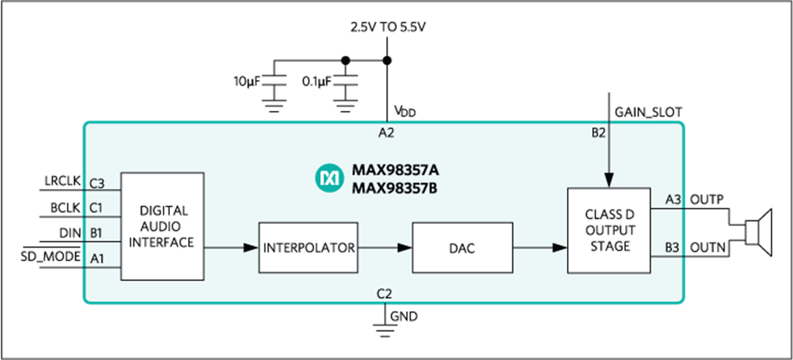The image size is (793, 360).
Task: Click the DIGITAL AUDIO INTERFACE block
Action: pyautogui.click(x=163, y=226)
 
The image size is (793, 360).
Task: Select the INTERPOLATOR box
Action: pyautogui.click(x=308, y=248)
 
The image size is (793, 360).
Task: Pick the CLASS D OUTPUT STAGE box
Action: pyautogui.click(x=609, y=230)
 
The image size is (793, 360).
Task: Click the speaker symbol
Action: pyautogui.click(x=757, y=231)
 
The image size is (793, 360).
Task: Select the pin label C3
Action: pyautogui.click(x=97, y=184)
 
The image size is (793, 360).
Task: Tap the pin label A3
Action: pyautogui.click(x=671, y=199)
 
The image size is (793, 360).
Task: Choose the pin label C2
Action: pyautogui.click(x=385, y=293)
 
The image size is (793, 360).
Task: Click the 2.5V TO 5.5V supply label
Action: pyautogui.click(x=387, y=29)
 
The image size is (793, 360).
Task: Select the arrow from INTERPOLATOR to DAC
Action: pyautogui.click(x=385, y=248)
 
